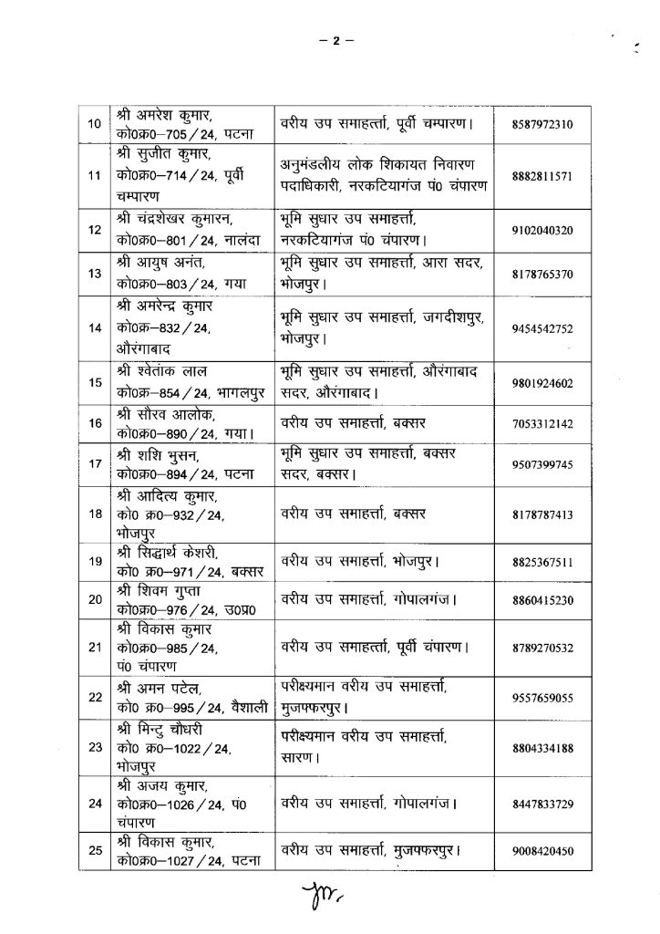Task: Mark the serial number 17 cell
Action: (94, 465)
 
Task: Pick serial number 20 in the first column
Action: (94, 599)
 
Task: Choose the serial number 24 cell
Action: (94, 804)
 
